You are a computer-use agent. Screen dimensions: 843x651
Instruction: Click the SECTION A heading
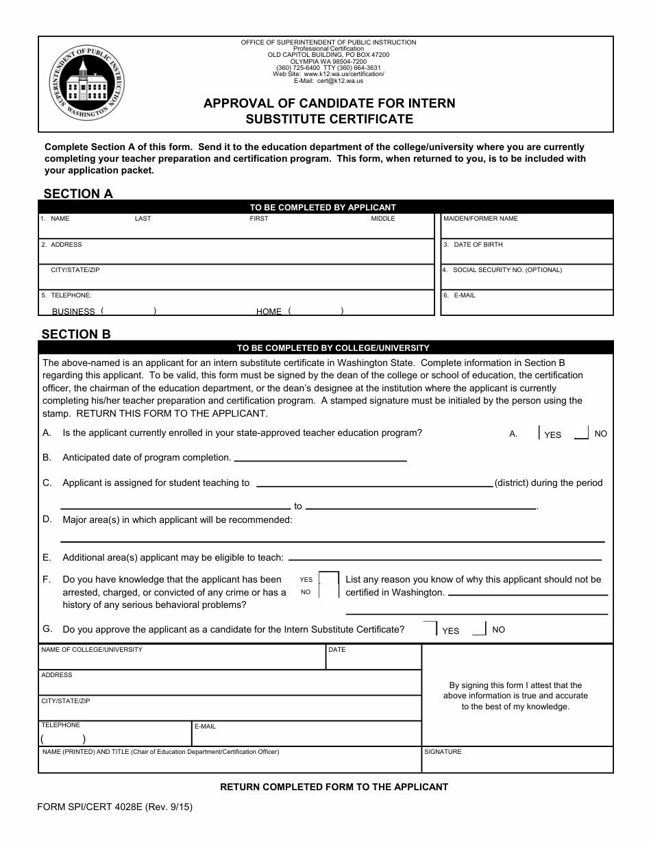[78, 194]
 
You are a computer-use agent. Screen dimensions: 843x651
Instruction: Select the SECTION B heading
[76, 334]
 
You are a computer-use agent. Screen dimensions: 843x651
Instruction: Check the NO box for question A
[580, 432]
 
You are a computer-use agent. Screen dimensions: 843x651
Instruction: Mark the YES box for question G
[431, 628]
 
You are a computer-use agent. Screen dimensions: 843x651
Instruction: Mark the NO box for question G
[480, 628]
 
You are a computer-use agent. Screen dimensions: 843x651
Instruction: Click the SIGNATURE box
[517, 761]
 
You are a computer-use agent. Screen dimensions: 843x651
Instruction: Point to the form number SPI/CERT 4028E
[115, 807]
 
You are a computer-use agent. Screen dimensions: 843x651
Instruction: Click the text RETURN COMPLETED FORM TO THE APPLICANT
[334, 787]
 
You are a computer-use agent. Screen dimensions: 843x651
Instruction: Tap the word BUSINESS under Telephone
[73, 311]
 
